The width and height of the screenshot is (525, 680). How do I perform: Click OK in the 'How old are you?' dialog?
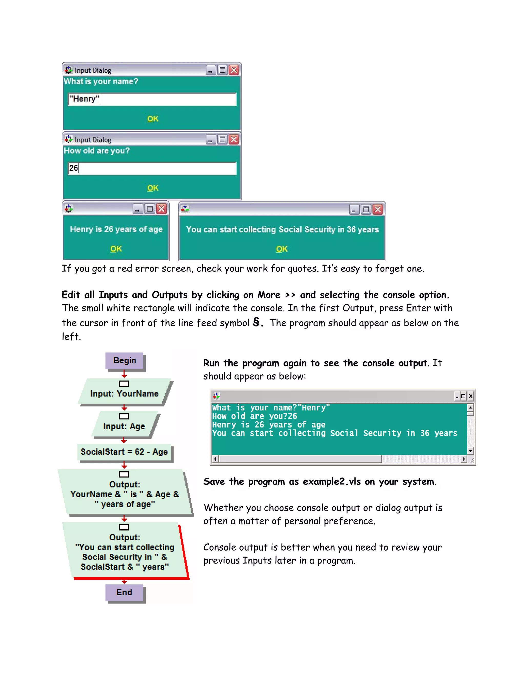[153, 188]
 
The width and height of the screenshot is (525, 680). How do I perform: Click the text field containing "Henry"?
[152, 99]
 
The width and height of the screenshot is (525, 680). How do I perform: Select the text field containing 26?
[152, 168]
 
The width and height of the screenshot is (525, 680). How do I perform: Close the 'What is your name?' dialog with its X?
[234, 70]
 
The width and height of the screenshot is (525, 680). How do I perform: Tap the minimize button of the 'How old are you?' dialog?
[210, 140]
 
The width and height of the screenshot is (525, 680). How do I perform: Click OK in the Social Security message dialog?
[282, 249]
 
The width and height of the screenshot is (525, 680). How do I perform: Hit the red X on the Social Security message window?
[378, 209]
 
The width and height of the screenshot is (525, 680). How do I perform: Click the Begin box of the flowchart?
[124, 361]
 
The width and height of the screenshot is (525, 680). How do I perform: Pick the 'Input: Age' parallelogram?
[124, 426]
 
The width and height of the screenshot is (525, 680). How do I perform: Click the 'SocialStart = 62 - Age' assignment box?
[124, 452]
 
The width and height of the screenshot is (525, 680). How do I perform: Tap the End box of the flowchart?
[124, 592]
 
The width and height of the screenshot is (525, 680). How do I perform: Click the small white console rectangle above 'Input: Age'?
[124, 416]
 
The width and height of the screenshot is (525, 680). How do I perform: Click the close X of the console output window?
[471, 396]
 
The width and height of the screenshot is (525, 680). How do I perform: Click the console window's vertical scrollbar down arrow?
[470, 451]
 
